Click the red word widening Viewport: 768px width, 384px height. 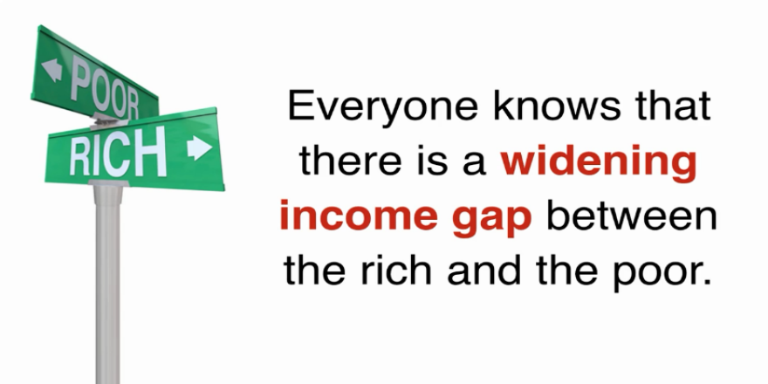coord(598,163)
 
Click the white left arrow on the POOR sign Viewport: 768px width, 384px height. coord(51,70)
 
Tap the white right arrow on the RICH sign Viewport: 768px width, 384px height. coord(199,147)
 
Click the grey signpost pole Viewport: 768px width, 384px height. coord(107,285)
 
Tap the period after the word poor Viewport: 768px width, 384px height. coord(706,281)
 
